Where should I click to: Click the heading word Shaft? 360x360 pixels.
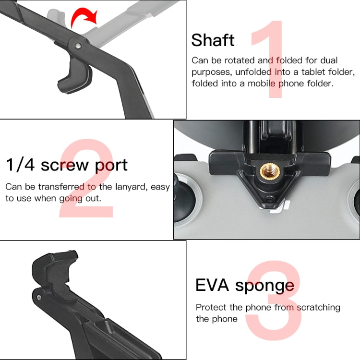click(213, 40)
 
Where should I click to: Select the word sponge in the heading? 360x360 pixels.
click(264, 286)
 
